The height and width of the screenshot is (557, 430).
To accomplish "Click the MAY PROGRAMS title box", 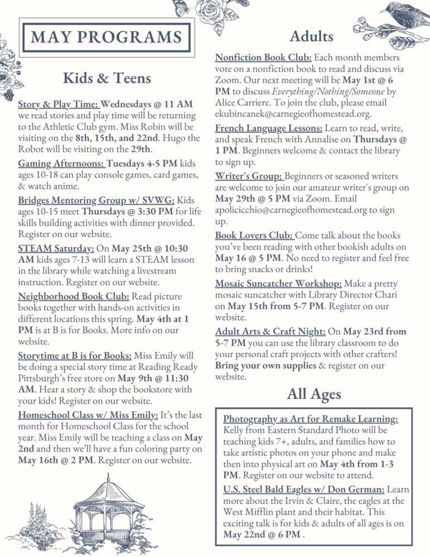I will (x=107, y=37).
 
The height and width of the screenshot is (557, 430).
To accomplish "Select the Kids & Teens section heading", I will (x=107, y=78).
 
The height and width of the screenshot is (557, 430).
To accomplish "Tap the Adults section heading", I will (x=311, y=36).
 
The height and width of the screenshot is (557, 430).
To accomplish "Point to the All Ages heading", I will (x=313, y=394).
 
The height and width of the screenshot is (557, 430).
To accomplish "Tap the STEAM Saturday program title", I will (x=56, y=247).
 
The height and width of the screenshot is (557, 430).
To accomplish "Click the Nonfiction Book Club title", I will (x=263, y=57).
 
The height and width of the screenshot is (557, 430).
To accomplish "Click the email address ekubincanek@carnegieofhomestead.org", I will (x=293, y=114).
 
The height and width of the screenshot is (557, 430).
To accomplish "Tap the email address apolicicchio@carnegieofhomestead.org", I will (x=296, y=210).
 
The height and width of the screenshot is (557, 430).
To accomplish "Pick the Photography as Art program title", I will (x=311, y=419).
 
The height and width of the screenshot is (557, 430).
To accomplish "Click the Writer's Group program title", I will (x=249, y=176).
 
